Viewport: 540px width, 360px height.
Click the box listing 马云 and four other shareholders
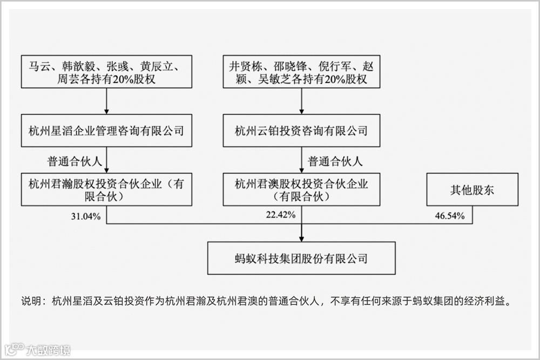106,72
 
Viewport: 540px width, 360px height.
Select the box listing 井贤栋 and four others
301,72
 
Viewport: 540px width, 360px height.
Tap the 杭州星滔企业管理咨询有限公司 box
106,130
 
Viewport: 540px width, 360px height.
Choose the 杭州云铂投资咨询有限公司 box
301,130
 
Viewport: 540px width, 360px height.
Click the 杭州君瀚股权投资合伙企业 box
106,189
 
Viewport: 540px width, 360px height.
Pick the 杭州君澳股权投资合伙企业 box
301,189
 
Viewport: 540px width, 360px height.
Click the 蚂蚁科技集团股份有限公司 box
301,258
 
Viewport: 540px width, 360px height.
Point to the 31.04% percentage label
85,216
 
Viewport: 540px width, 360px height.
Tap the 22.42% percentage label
280,215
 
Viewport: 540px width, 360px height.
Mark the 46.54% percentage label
450,216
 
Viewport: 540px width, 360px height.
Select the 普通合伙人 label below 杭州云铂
335,160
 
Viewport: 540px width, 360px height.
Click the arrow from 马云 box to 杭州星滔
106,101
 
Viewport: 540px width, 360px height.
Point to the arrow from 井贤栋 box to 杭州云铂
301,101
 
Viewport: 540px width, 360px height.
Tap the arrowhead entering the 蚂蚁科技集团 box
301,238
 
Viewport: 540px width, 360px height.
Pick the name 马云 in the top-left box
39,66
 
